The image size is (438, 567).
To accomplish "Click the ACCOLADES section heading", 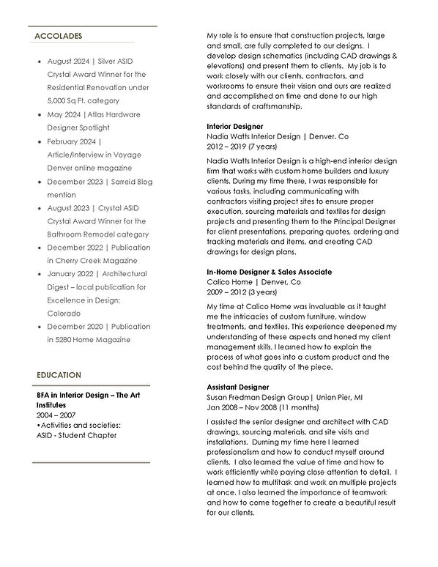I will pyautogui.click(x=58, y=36).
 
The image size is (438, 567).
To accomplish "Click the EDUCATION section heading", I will pyautogui.click(x=59, y=375).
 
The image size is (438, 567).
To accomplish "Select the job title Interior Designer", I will pyautogui.click(x=235, y=126).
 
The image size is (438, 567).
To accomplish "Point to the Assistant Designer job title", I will pyautogui.click(x=238, y=386).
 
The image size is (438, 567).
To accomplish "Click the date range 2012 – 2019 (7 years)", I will pyautogui.click(x=242, y=146).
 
